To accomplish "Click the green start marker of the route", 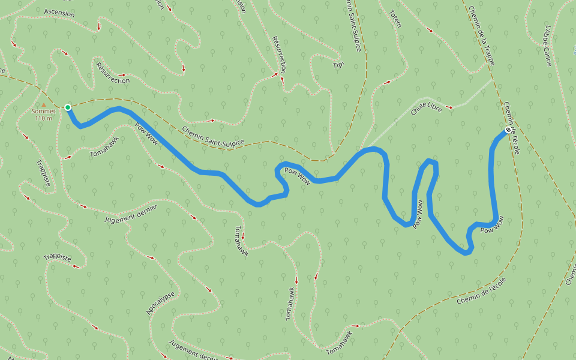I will pos(68,107).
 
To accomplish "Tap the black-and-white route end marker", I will pos(508,130).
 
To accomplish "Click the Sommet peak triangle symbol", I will pos(43,104).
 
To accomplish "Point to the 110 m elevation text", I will pos(44,118).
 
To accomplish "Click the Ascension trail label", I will pos(59,13).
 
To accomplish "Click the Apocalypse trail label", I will pos(161,303).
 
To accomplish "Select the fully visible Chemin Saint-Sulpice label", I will pos(213,136).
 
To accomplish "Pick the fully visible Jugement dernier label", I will pos(131,214).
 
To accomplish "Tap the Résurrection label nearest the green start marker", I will pos(112,73).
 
